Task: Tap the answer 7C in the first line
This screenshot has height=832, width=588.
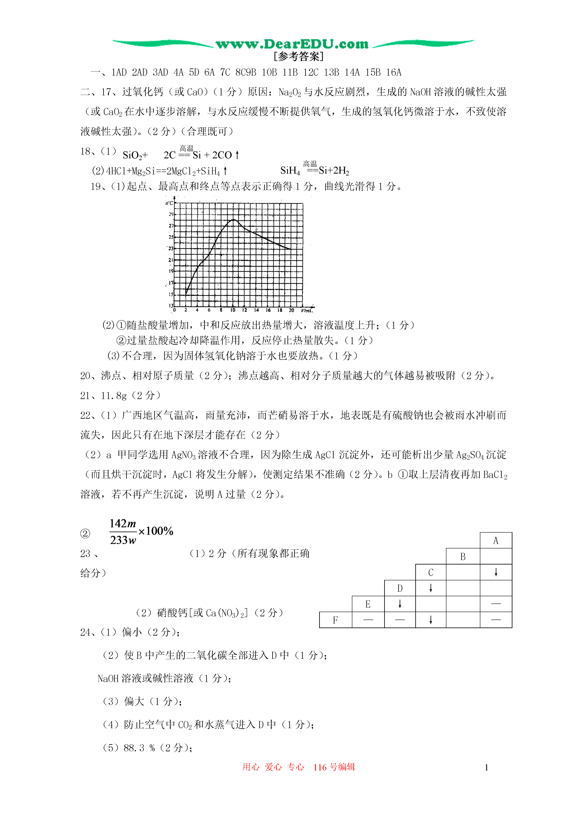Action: pos(225,73)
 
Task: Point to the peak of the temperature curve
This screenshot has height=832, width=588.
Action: pos(234,220)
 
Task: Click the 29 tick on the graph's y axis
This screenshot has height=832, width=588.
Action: pos(171,214)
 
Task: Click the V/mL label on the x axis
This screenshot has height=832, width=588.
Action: pos(307,311)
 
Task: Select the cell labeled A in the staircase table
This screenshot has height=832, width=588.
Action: pos(496,541)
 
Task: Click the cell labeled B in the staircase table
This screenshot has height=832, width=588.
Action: pos(463,557)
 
